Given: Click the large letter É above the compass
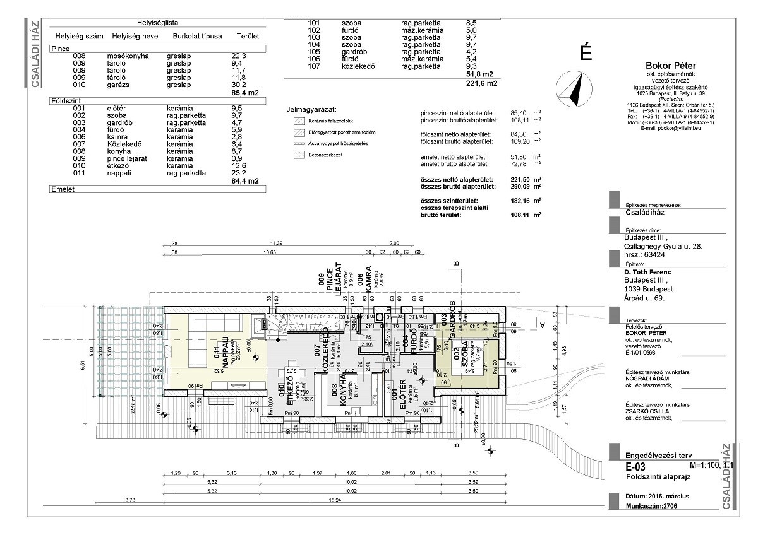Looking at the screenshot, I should [586, 53].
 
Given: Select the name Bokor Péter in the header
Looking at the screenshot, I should [670, 66].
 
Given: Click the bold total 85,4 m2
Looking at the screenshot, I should [245, 93].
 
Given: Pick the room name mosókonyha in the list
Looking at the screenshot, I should [129, 56].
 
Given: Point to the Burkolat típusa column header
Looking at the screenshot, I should [197, 37].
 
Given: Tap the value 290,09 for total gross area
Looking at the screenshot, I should [516, 187].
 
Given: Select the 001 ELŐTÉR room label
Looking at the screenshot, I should [398, 399].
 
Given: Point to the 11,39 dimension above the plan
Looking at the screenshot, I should [276, 243].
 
